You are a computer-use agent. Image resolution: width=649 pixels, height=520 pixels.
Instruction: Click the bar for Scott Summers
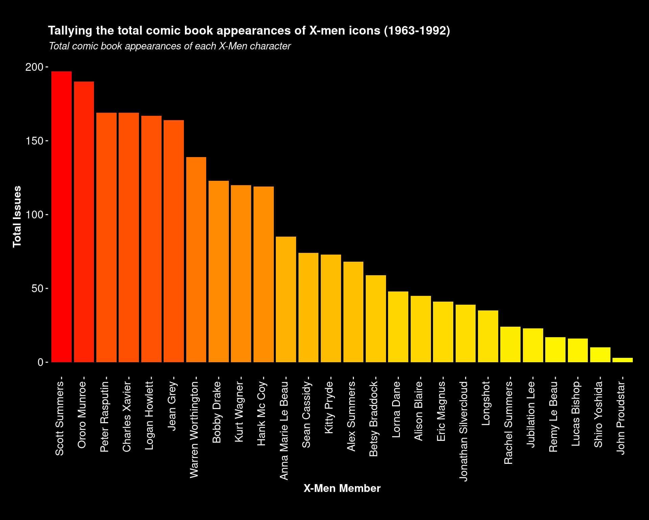point(62,217)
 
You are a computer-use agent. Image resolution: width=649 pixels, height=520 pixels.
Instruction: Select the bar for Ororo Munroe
point(84,222)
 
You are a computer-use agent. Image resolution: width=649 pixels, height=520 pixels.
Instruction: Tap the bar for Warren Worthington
point(196,260)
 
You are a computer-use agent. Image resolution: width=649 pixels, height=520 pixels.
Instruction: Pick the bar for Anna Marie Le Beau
point(286,299)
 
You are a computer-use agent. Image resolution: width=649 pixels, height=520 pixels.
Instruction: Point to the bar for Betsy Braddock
point(376,319)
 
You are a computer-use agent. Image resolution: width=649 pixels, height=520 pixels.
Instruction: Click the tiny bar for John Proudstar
point(622,360)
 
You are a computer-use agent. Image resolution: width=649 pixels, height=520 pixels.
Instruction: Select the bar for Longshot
point(488,336)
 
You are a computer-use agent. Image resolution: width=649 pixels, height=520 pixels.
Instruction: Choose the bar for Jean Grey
point(174,241)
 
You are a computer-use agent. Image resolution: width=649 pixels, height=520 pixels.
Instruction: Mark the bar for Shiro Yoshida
point(600,355)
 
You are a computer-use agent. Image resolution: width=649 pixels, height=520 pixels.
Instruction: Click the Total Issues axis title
point(17,217)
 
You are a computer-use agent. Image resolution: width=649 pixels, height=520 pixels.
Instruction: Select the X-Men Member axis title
point(342,488)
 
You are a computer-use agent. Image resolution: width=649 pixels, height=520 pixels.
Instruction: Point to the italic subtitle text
point(170,46)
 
